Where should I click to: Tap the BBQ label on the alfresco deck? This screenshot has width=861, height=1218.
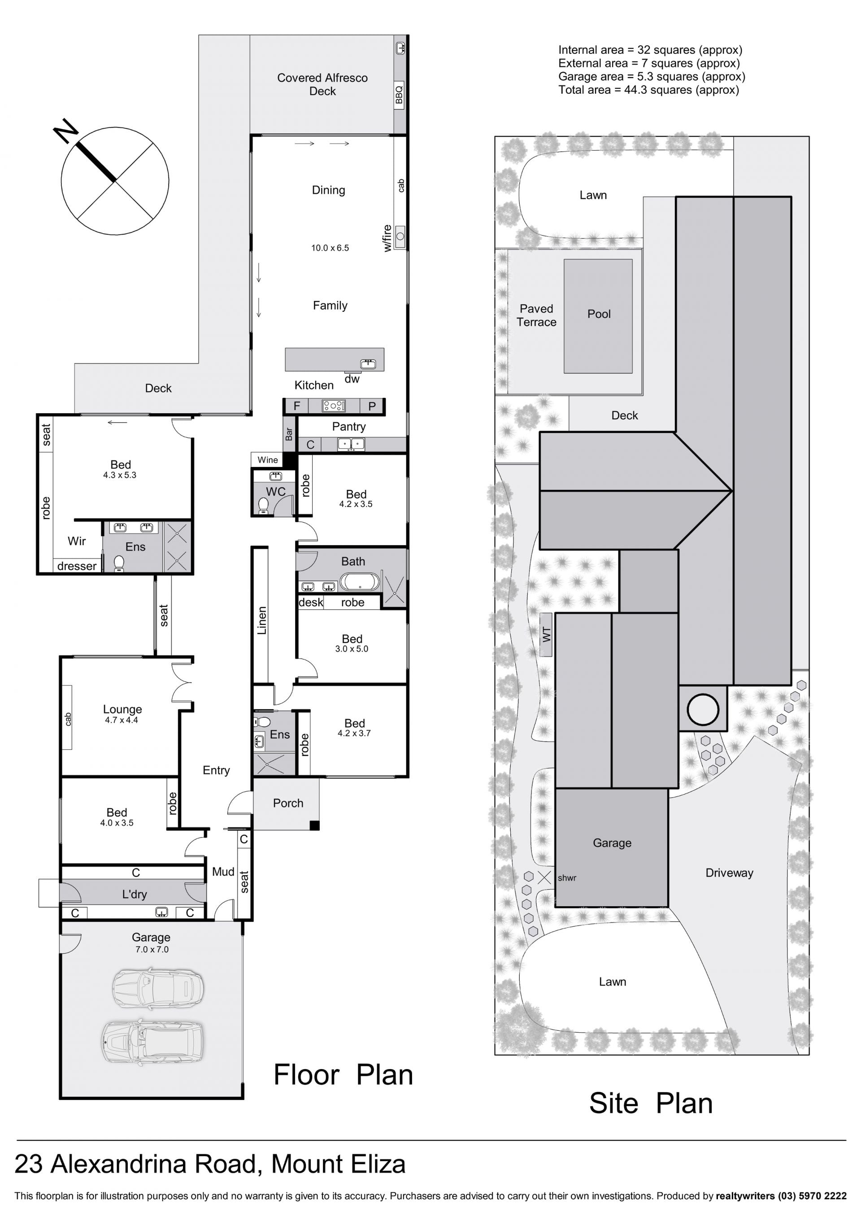coord(399,95)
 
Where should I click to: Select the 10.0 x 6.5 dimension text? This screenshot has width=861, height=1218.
coord(330,248)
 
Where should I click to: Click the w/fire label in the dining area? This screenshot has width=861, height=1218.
coord(387,238)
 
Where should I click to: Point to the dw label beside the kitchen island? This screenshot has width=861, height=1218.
coord(352,379)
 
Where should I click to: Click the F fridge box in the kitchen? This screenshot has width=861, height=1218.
coord(297,406)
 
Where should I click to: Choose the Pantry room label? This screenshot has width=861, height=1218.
coord(348,427)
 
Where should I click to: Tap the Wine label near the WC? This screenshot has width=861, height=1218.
coord(267,460)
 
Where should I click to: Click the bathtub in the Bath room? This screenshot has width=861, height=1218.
coord(360,581)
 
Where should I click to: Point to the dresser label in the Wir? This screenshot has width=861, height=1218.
coord(77,566)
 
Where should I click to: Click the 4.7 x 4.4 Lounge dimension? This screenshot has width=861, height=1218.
coord(122,720)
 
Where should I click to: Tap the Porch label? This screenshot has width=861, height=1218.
coord(288,803)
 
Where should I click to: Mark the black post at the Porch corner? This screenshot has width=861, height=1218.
coord(314,825)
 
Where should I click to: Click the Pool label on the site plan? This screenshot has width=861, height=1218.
coord(599,314)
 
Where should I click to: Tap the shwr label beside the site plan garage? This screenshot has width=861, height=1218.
coord(567,878)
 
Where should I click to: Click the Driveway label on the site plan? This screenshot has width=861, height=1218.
coord(729,873)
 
